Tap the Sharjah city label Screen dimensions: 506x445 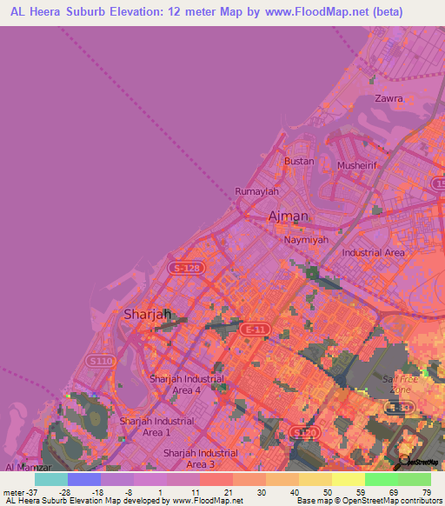[146, 315]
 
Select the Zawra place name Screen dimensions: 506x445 [388, 99]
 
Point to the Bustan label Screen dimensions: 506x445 [300, 162]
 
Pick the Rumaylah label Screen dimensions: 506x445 [256, 191]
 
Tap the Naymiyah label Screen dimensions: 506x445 [305, 236]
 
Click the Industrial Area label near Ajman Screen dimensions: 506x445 [374, 253]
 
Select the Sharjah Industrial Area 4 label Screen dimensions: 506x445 [187, 384]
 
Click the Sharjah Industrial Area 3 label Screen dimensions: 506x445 [201, 458]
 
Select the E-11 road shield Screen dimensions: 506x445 [254, 330]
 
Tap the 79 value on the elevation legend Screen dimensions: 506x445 [427, 491]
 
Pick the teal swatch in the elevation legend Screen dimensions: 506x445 [50, 479]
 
